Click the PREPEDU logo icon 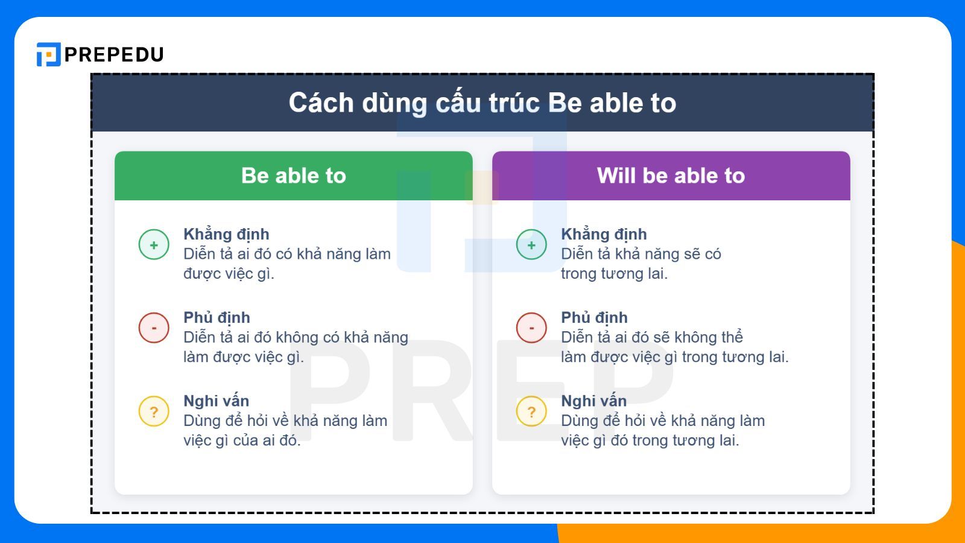48,54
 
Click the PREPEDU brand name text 114,55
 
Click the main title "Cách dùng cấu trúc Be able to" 482,103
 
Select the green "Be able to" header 293,176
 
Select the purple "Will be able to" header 671,176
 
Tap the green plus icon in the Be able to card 154,244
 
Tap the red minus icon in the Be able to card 154,328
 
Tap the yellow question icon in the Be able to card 154,411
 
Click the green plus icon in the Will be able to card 531,244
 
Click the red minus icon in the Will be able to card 531,328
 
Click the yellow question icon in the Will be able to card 531,411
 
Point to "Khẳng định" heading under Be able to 226,234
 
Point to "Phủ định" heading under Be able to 217,317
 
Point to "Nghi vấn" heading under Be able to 216,401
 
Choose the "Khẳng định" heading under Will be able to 604,234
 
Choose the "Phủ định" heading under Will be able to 594,317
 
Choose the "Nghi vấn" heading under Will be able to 593,401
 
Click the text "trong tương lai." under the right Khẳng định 614,273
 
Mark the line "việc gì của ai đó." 242,440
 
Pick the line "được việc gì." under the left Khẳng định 229,273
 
